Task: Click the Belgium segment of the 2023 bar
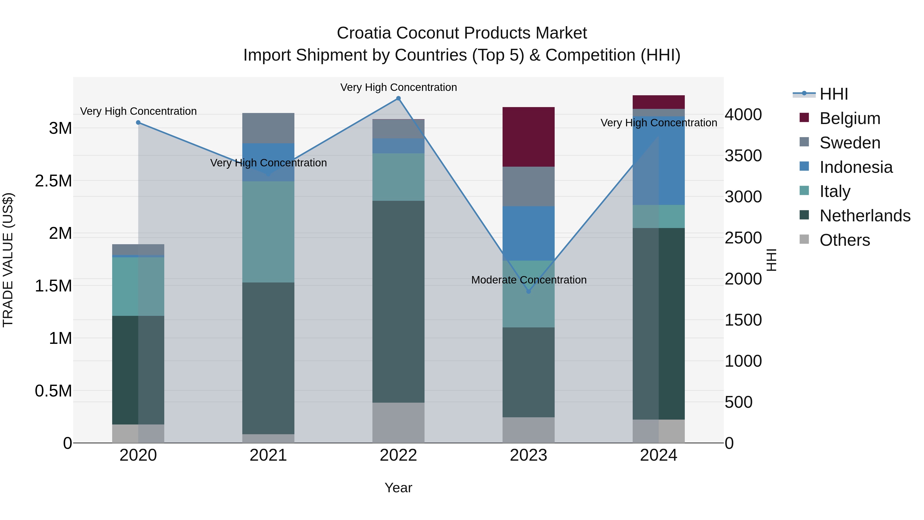click(x=528, y=137)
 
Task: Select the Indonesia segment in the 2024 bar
click(x=659, y=160)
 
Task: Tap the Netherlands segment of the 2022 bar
click(x=398, y=301)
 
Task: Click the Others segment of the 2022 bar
click(x=398, y=422)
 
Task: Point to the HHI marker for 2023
click(x=528, y=291)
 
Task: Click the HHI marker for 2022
click(x=398, y=98)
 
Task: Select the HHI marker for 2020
click(x=138, y=122)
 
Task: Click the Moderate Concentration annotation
click(x=529, y=280)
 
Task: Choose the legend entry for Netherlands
click(x=865, y=216)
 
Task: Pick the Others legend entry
click(x=844, y=240)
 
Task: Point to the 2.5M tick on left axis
click(x=53, y=181)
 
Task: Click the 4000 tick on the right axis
click(x=743, y=115)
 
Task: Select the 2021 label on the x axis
click(x=268, y=455)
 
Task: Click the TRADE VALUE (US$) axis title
click(x=8, y=260)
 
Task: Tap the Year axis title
click(x=398, y=488)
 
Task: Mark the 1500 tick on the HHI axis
click(x=743, y=320)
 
